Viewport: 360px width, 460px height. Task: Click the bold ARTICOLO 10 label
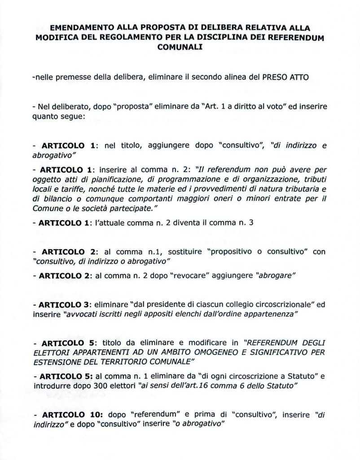point(70,417)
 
